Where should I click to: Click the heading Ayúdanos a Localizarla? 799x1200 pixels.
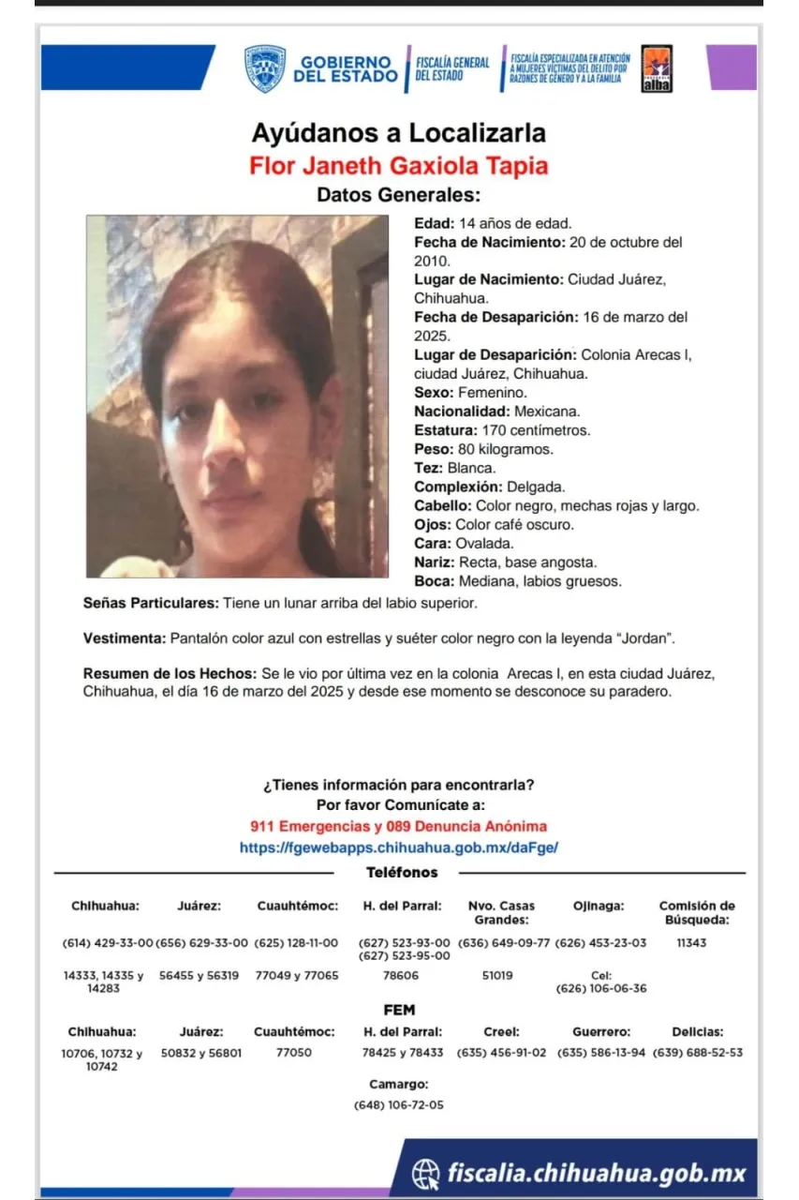click(x=398, y=132)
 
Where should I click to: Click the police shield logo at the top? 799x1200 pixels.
click(x=265, y=68)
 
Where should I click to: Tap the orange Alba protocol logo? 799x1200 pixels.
click(x=657, y=68)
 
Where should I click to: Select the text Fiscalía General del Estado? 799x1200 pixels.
click(x=451, y=68)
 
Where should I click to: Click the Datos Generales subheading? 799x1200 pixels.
click(x=398, y=195)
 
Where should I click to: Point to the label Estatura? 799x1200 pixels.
click(x=446, y=430)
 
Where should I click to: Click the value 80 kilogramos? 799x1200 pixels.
click(x=503, y=449)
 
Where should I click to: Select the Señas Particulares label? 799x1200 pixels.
click(x=152, y=603)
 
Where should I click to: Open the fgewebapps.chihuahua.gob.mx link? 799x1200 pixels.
click(x=399, y=847)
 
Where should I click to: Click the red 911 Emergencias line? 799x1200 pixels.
click(x=399, y=826)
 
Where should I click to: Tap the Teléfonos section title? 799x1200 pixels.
click(x=402, y=873)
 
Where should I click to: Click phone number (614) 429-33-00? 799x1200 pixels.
click(x=107, y=943)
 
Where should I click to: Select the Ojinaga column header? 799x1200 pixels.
click(x=599, y=906)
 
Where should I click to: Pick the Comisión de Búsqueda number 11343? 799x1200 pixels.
click(x=691, y=943)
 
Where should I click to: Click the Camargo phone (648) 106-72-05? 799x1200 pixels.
click(x=399, y=1105)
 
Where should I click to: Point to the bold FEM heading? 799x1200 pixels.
click(x=399, y=1010)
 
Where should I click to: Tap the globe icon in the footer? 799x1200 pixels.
click(x=426, y=1172)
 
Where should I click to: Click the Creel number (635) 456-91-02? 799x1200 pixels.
click(x=501, y=1053)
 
